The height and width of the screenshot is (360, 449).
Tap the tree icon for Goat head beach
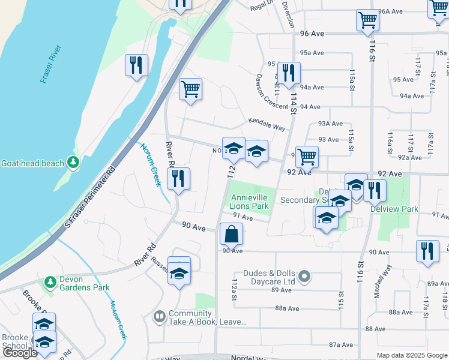(73, 162)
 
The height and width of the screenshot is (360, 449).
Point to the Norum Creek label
(151, 164)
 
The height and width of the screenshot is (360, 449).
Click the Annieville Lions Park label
(248, 201)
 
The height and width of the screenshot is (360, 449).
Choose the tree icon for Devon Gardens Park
(50, 280)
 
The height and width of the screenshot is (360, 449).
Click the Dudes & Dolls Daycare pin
(304, 277)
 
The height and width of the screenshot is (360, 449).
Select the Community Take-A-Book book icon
(159, 316)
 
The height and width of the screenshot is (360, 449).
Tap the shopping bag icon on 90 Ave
(231, 233)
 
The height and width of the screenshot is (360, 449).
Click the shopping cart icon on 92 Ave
(307, 157)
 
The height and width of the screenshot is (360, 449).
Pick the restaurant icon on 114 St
(289, 73)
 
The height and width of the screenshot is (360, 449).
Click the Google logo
(20, 353)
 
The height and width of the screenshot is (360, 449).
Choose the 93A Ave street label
(330, 124)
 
